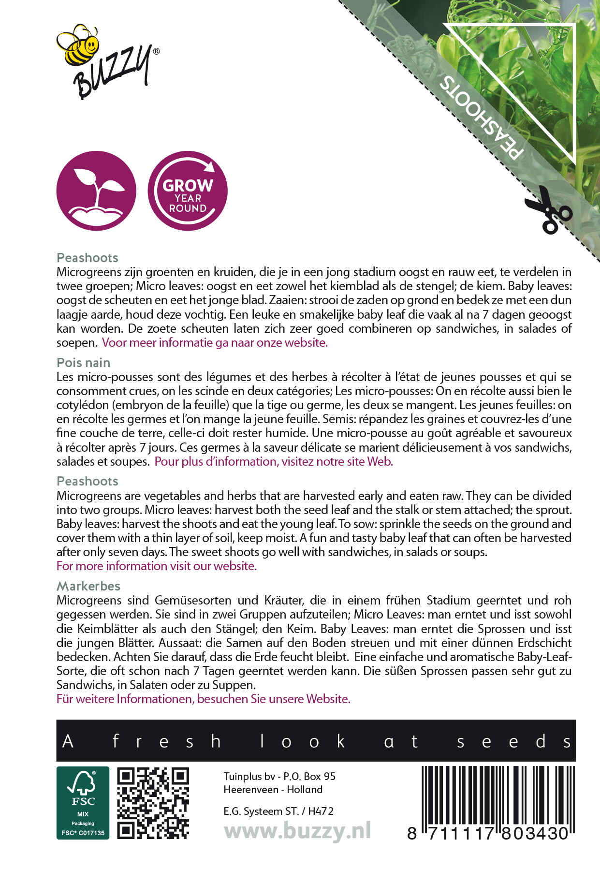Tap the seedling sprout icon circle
point(96,191)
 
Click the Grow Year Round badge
point(188,191)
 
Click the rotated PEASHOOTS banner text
point(482,118)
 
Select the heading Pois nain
point(83,363)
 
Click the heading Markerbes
point(88,586)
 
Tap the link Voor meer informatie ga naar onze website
point(215,343)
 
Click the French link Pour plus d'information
point(273,462)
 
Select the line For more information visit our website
point(156,566)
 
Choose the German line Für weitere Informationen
point(203,699)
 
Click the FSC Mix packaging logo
point(83,802)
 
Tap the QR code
point(153,803)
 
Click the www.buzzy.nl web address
point(297,831)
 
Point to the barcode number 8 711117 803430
point(488,833)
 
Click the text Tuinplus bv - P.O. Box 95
point(279,776)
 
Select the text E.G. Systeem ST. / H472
point(278,811)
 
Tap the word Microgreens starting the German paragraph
point(89,601)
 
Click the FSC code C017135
point(83,833)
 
